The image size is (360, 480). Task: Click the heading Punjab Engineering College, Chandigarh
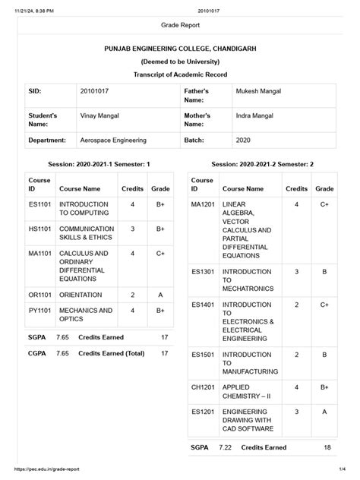point(180,48)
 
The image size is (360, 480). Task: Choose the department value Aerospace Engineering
point(112,141)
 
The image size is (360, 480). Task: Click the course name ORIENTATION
point(80,294)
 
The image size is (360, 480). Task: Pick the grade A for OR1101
point(160,294)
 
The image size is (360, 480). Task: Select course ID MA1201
point(204,204)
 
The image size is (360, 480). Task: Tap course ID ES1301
point(204,270)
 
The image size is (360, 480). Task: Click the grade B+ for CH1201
point(324,387)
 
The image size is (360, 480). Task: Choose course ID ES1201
point(204,411)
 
